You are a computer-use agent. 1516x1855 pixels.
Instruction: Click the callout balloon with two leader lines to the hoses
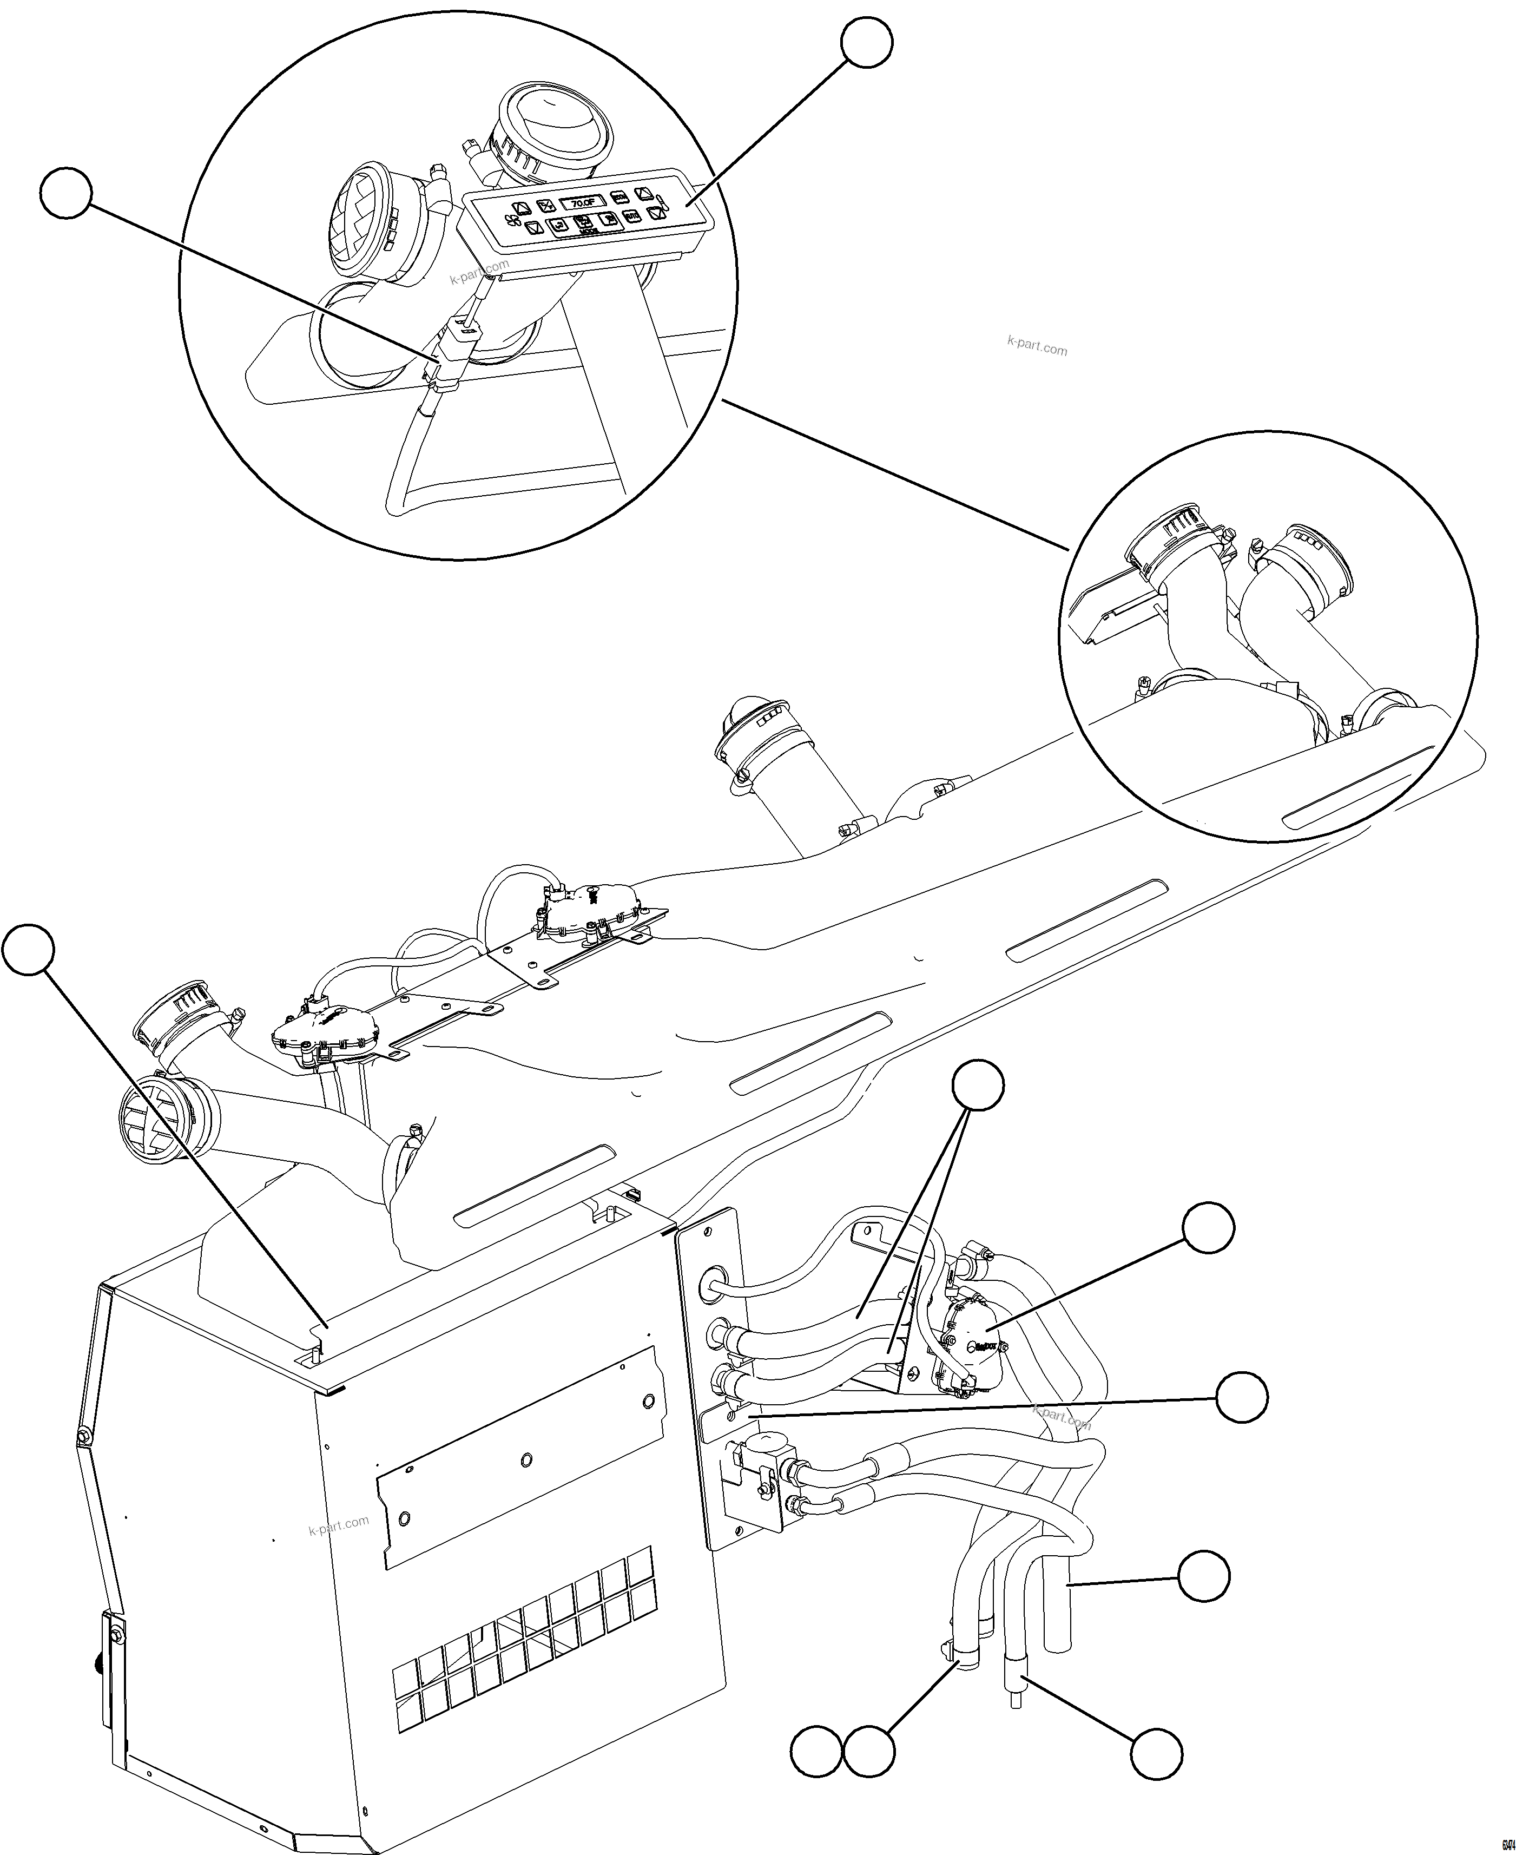977,1086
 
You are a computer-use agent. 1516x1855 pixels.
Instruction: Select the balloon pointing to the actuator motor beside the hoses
1209,1228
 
